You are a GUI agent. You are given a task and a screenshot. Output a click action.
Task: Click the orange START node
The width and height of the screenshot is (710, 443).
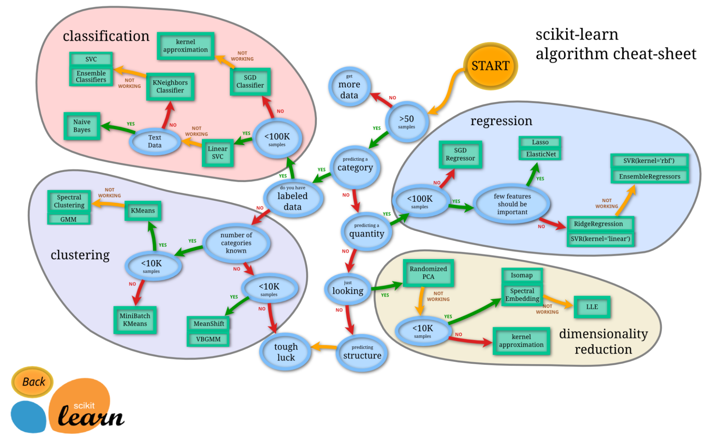[x=490, y=66]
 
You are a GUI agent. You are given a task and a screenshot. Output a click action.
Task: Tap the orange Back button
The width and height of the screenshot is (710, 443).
[x=33, y=382]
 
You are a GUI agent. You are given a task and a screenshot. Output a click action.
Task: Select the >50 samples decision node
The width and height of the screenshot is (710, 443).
[x=407, y=121]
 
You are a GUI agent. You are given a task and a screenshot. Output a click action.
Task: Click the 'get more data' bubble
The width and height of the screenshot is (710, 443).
[x=349, y=87]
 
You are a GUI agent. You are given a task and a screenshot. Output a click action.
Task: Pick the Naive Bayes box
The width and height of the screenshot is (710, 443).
[x=82, y=126]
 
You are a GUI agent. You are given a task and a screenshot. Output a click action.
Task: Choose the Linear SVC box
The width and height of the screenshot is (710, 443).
[x=218, y=153]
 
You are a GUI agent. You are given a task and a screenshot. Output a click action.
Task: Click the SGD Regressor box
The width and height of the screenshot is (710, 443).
[x=460, y=154]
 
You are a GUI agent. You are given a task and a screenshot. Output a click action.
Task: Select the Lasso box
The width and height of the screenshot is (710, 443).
[x=540, y=142]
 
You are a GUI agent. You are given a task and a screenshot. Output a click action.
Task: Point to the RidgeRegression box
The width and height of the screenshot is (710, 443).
[x=599, y=224]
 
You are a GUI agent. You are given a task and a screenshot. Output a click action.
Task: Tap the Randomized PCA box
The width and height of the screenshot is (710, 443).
[x=428, y=273]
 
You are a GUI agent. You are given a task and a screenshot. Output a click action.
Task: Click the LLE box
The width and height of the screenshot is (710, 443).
[x=592, y=307]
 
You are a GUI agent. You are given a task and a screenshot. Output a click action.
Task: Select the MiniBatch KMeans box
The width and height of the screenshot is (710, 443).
[x=135, y=320]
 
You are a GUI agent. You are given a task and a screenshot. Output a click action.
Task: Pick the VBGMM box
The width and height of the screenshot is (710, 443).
[x=208, y=339]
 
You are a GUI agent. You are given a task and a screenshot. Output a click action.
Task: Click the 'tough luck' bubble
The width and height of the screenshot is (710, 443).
[x=286, y=352]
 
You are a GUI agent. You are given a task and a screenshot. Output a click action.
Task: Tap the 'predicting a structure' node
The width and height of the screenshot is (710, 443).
[x=362, y=352]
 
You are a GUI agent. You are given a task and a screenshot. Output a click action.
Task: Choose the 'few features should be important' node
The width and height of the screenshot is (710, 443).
[x=512, y=204]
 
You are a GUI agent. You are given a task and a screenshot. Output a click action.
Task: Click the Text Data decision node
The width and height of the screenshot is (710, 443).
[x=155, y=141]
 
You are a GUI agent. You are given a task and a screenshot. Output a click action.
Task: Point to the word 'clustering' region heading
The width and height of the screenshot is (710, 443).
[x=80, y=255]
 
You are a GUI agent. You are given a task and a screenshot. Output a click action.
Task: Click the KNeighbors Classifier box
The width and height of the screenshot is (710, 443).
[x=170, y=86]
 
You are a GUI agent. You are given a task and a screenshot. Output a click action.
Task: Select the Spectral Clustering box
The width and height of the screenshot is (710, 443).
[x=69, y=201]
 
